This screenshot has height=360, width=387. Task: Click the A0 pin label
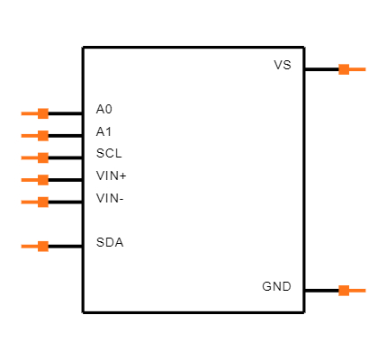(104, 110)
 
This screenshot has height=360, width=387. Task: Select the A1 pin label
(104, 131)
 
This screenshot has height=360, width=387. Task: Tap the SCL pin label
(108, 153)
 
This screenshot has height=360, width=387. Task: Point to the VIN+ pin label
(111, 175)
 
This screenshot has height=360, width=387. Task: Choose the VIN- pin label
(110, 198)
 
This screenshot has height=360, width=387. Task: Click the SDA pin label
(109, 243)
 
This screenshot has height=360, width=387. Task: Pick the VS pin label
(283, 66)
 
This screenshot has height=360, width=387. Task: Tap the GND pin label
(276, 287)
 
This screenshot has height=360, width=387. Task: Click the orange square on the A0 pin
(42, 113)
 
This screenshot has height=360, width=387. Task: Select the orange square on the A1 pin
(42, 136)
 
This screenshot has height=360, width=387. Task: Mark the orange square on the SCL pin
(42, 157)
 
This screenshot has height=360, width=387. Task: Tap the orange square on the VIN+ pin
(42, 180)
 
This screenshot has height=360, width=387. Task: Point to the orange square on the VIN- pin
(42, 202)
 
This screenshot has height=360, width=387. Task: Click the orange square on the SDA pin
(42, 246)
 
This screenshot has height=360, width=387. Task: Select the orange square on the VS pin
(344, 69)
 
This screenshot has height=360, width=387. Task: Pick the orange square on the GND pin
(344, 290)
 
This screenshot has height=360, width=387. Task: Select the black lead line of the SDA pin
(65, 246)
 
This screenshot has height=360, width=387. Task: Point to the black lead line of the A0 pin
(65, 113)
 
